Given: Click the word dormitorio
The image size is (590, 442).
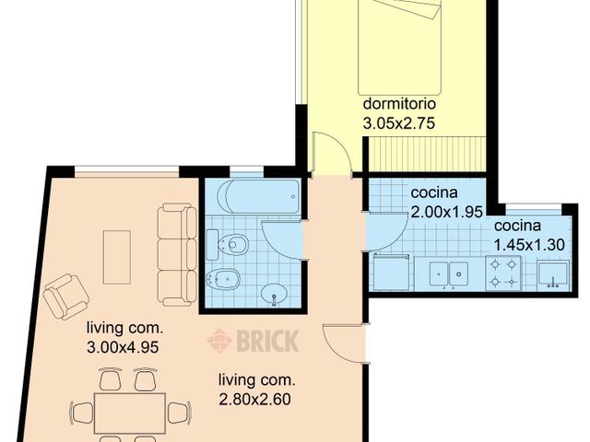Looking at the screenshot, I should click(x=398, y=104).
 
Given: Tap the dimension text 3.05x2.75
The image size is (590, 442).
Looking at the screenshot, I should click(x=398, y=122).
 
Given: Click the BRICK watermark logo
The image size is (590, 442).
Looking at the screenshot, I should click(x=253, y=341).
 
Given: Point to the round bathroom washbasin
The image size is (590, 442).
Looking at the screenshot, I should click(x=274, y=295).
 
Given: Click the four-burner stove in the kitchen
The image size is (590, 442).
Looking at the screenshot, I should click(x=503, y=273).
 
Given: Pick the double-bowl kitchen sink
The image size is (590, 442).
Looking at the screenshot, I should click(x=447, y=273).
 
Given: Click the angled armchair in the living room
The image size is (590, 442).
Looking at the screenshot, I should click(x=66, y=296).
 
